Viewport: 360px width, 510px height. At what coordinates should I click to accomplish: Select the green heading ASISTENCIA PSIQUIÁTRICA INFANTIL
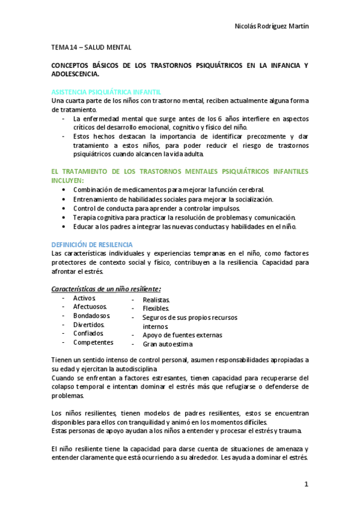point(106,92)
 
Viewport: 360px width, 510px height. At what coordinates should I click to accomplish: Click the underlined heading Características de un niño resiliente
point(105,289)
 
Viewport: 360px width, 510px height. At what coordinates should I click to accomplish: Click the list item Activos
point(84,298)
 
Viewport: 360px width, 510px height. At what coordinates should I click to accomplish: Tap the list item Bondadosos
point(91,316)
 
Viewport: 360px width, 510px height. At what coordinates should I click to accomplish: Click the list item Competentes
point(93,342)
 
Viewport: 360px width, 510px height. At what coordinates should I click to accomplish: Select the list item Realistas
point(156,300)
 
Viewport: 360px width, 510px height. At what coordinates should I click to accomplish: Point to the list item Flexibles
point(156,309)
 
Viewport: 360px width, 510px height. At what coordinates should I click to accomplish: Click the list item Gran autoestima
point(168,345)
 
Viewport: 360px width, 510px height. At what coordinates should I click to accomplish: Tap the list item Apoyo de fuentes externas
point(182,335)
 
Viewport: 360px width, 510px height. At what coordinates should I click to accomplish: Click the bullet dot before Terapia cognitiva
point(64,217)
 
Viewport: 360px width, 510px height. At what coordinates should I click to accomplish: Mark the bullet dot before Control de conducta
point(64,208)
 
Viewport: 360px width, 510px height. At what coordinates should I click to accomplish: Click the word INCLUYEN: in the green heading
point(69,180)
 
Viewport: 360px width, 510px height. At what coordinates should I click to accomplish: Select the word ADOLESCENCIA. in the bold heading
point(76,74)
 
